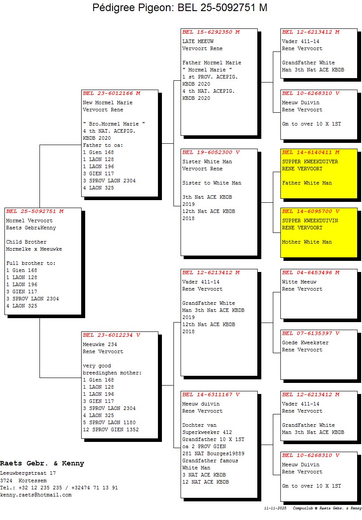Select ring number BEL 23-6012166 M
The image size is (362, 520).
click(111, 94)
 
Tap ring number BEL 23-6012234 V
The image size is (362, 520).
click(111, 335)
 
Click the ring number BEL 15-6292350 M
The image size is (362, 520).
click(211, 32)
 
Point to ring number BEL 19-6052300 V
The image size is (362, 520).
click(211, 153)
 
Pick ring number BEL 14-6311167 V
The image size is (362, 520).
click(211, 395)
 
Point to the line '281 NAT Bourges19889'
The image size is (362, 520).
click(213, 453)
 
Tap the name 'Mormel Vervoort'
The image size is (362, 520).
click(29, 221)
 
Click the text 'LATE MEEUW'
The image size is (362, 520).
click(198, 41)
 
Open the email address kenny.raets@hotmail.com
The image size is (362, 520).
click(35, 495)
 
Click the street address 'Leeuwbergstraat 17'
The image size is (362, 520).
click(28, 473)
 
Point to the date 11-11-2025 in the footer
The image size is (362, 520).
click(275, 508)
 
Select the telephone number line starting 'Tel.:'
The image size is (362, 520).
click(59, 488)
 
